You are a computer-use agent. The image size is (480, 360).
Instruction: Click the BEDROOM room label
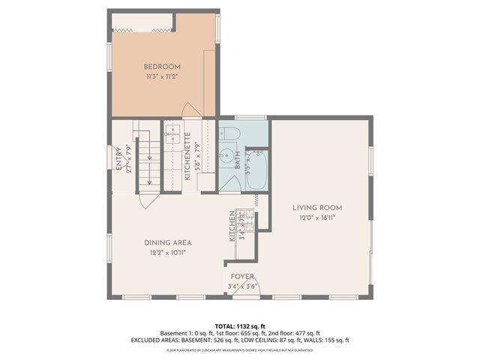click(x=163, y=67)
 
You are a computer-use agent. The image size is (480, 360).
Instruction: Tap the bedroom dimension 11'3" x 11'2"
click(x=163, y=76)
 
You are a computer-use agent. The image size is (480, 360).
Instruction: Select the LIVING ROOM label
click(x=317, y=208)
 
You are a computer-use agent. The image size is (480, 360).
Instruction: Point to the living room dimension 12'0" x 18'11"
click(x=317, y=218)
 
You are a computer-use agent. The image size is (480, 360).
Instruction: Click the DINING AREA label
click(x=168, y=242)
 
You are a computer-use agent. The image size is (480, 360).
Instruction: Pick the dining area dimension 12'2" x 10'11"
click(x=168, y=253)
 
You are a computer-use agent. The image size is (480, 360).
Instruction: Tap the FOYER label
click(x=242, y=277)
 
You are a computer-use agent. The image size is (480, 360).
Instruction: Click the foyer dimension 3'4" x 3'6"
click(x=242, y=286)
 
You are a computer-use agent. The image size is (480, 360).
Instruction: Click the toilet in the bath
click(x=230, y=134)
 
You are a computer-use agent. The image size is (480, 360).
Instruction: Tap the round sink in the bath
click(x=226, y=156)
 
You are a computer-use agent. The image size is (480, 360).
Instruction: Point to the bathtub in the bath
click(x=256, y=170)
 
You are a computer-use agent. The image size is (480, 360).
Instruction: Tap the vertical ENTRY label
click(x=118, y=157)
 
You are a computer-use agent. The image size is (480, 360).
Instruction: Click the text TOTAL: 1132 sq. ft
click(x=240, y=326)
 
